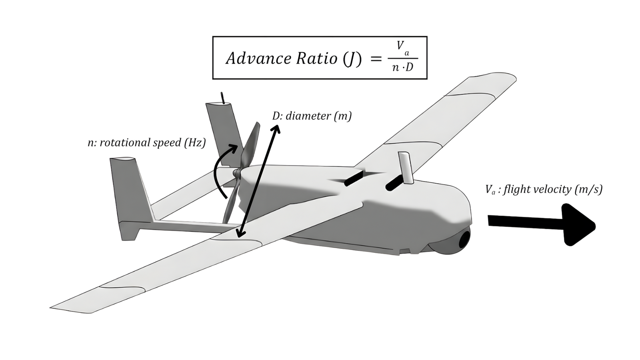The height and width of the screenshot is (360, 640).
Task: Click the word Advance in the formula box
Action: point(258,58)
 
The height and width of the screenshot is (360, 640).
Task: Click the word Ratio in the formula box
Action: point(316,58)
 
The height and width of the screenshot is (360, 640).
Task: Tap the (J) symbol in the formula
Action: point(352,59)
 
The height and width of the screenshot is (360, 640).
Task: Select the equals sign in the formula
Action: point(376,59)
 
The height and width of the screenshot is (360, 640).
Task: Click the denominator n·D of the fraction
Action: point(402,68)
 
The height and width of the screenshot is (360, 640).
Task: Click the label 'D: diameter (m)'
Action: point(312,116)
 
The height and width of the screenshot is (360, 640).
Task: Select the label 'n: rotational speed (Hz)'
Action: point(146,142)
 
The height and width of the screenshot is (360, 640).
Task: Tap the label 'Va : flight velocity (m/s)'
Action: point(543,189)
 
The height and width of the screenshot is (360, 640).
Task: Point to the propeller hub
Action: point(237,174)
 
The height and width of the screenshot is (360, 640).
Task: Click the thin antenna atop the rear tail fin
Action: point(222,98)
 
